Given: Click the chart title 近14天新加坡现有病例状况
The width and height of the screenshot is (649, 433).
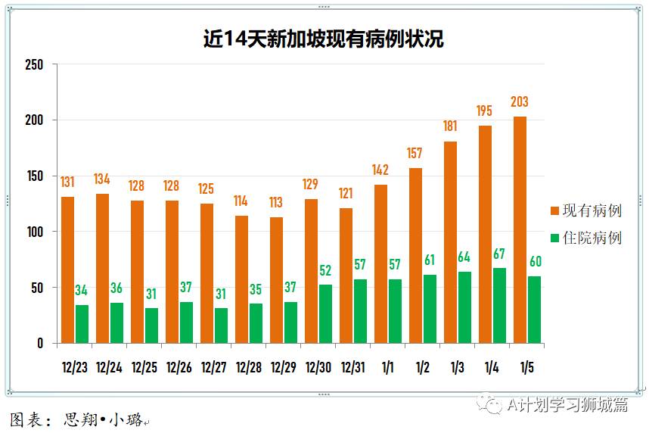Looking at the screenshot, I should pos(324,39).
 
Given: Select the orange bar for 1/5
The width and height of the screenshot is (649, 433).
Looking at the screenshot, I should pos(520,230).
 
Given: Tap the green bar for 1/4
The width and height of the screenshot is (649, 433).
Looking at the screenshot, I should pos(499,305).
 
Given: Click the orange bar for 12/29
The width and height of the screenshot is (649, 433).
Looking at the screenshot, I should pos(276,280).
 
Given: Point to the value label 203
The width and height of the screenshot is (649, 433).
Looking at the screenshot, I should pos(520,102).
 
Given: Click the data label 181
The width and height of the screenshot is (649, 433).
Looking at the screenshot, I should pos(450,126).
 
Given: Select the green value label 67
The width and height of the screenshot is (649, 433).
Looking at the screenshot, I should pos(499,254).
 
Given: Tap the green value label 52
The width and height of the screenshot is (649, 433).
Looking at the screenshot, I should pos(325,270).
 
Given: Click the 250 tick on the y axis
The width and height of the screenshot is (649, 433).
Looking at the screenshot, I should pos(35,64).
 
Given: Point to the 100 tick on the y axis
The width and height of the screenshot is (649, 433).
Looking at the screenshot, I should pos(35,232).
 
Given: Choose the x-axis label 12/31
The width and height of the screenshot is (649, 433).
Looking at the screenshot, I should pos(353,368).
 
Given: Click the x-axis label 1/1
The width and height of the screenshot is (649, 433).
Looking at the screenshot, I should pos(388,368).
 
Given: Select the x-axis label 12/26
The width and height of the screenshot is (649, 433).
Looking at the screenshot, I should pos(179,368).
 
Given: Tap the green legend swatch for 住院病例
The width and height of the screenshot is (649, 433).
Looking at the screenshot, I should pos(554,238).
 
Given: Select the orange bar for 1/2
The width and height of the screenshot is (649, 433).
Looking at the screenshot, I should pos(415,256).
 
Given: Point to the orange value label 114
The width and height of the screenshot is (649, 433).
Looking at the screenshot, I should pos(241,201).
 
